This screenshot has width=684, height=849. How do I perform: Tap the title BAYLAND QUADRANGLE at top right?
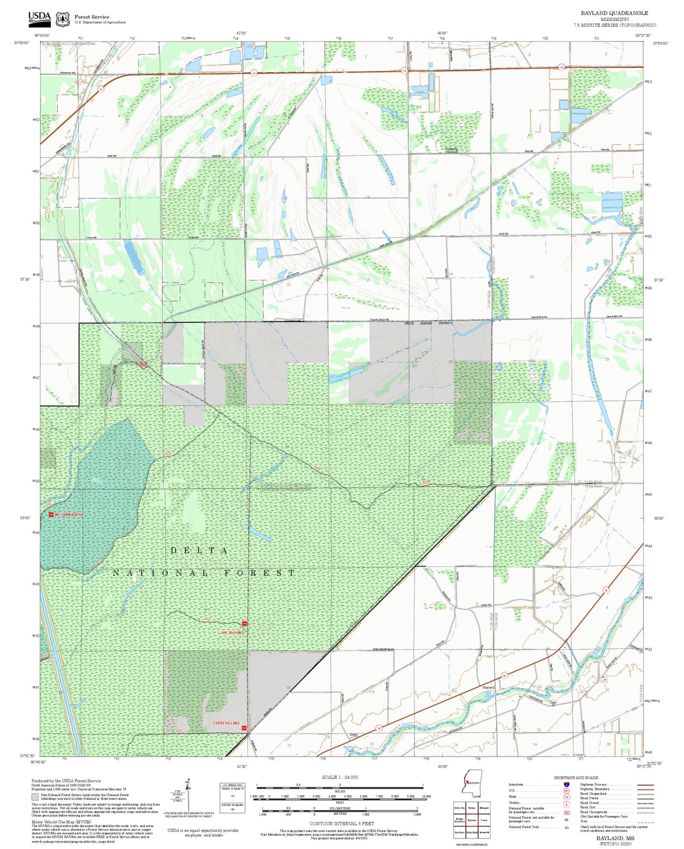(614, 13)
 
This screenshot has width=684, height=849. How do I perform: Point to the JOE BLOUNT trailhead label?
(232, 633)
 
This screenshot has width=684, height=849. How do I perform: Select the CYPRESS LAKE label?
(226, 723)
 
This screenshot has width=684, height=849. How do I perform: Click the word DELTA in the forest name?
(199, 550)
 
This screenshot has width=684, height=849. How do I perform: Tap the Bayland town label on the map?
(488, 687)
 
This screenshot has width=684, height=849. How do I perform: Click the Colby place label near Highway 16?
(353, 735)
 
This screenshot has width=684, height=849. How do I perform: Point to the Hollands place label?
(451, 149)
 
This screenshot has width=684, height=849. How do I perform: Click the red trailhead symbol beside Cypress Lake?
(244, 728)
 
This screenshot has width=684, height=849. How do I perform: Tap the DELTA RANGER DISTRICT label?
(429, 323)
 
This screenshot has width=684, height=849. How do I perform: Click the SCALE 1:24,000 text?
(340, 777)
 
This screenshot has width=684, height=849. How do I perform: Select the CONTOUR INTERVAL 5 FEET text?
(342, 823)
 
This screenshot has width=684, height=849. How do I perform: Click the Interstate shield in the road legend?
(566, 784)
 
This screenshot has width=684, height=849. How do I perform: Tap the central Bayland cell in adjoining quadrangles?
(472, 820)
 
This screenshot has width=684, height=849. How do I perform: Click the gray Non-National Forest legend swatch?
(35, 797)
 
